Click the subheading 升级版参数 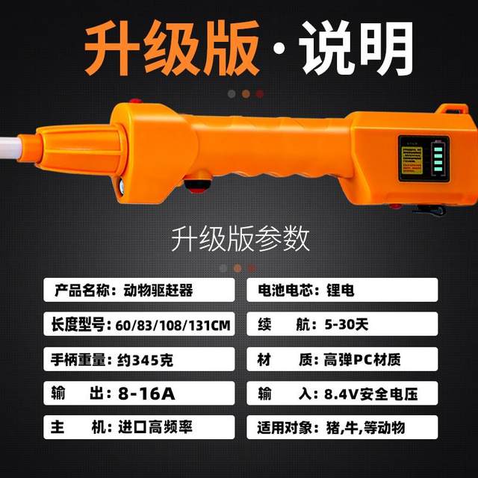click(240, 238)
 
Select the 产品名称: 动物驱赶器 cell click(139, 290)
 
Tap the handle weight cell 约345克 click(139, 360)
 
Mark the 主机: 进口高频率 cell click(139, 428)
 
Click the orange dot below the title click(245, 94)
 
